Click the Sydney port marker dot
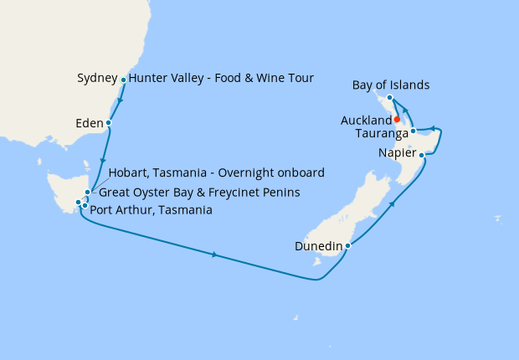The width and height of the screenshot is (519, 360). [x=124, y=80]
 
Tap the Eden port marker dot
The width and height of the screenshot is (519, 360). [x=109, y=124]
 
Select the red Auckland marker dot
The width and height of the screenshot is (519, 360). [x=397, y=120]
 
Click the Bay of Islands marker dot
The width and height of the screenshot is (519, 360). [x=390, y=99]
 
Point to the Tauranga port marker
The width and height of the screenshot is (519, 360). [x=414, y=131]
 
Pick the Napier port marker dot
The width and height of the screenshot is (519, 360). [x=424, y=155]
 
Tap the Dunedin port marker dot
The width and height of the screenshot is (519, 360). [x=347, y=246]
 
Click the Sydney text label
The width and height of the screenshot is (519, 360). [x=96, y=79]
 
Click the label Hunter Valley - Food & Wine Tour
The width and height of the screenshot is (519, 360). [x=222, y=79]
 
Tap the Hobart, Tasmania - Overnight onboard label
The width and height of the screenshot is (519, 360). [x=217, y=172]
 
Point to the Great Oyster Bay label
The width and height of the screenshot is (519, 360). [x=199, y=193]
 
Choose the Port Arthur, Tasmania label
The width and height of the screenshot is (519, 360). [x=151, y=210]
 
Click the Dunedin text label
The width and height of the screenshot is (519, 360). [x=318, y=246]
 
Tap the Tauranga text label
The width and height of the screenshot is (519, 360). [x=381, y=133]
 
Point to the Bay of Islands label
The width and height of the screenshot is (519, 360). [x=391, y=85]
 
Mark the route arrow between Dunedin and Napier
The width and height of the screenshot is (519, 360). [x=391, y=204]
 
